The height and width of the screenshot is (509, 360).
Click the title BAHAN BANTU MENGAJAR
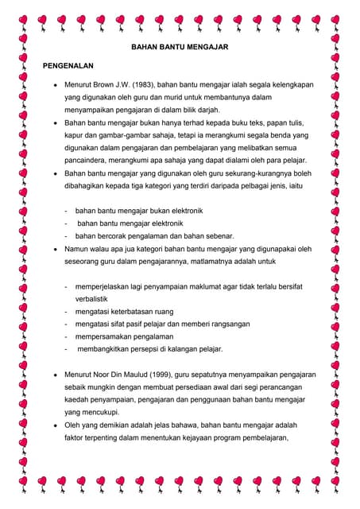point(180,49)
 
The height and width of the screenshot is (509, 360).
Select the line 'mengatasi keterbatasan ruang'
point(126,311)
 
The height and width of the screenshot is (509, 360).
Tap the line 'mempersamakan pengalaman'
point(124,336)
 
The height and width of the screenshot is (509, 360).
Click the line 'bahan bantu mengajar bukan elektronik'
point(139,211)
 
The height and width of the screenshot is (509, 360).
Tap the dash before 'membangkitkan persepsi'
point(67,349)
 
